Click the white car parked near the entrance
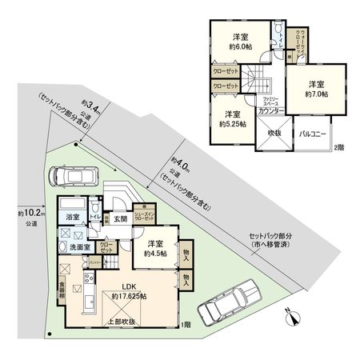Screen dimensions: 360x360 (x=73, y=174)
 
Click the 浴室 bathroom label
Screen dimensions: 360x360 (x=72, y=217)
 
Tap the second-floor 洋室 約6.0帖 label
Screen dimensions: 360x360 (x=238, y=42)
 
